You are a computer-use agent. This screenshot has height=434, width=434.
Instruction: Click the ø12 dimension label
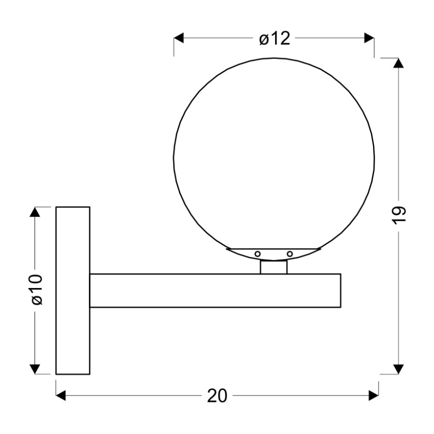point(274,38)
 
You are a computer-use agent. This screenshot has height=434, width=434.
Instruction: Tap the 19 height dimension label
point(398,215)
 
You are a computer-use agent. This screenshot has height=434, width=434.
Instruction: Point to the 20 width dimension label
point(217,396)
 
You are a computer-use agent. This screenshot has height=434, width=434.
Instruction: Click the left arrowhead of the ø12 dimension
point(178,38)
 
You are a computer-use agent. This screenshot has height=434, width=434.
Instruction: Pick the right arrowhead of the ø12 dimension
point(369,38)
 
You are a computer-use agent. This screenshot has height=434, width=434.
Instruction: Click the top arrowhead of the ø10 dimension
point(34,211)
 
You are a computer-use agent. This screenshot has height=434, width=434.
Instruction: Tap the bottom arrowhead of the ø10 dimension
point(34,369)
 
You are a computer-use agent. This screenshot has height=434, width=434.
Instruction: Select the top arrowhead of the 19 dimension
point(398,63)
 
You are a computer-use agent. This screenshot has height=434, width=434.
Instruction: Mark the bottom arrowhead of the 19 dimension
point(398,369)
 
